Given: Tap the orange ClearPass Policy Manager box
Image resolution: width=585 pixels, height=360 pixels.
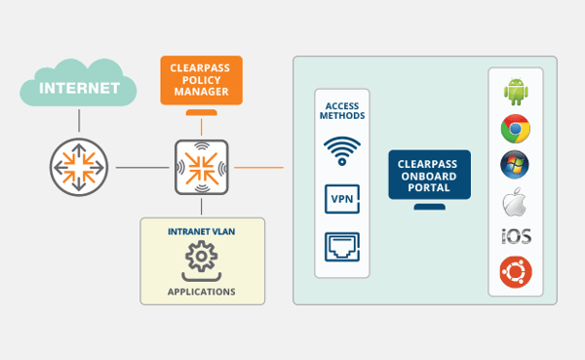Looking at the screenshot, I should click(201, 82).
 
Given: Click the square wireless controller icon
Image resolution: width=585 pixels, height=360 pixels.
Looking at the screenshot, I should click(201, 167).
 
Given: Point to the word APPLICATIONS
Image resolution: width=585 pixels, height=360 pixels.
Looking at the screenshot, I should click(201, 291).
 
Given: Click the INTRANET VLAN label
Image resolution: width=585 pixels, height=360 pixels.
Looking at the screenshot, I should click(201, 231).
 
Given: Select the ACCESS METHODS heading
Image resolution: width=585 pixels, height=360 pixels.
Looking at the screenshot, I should click(342, 109).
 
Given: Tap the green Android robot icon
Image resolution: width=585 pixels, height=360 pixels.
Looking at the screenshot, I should click(515, 91).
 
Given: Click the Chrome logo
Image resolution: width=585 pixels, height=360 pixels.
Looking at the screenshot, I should click(515, 128).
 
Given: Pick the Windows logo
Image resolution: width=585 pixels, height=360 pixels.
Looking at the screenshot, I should click(515, 164).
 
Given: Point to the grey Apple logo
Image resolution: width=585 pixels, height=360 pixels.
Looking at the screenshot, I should click(515, 201).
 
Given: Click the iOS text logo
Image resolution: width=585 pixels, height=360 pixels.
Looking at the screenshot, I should click(515, 237).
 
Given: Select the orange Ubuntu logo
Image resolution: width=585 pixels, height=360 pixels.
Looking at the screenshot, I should click(515, 272).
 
